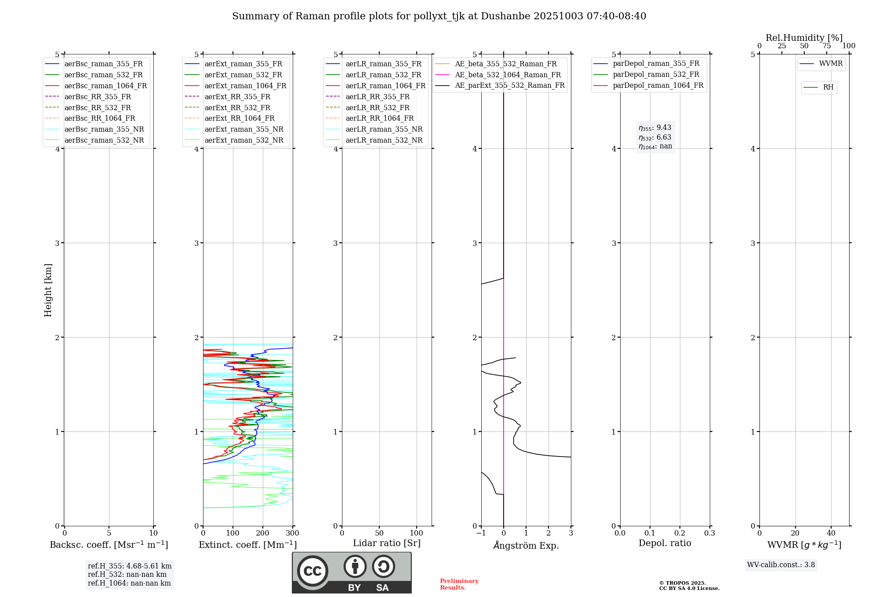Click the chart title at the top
(439, 16)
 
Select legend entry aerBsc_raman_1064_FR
(105, 86)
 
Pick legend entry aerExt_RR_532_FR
(237, 108)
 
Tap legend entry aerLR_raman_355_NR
(384, 129)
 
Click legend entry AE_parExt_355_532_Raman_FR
(510, 85)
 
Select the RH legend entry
(828, 87)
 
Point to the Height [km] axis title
(48, 290)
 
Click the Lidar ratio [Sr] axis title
(387, 543)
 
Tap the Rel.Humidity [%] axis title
(804, 38)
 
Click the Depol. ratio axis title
(665, 543)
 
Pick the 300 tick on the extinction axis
(293, 533)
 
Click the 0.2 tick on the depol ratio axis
(680, 533)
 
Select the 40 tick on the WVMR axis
(831, 533)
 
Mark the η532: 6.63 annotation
(655, 137)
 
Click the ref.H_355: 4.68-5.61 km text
(130, 566)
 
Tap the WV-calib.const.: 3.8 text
(781, 565)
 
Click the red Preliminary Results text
(459, 584)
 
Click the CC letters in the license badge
(312, 571)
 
